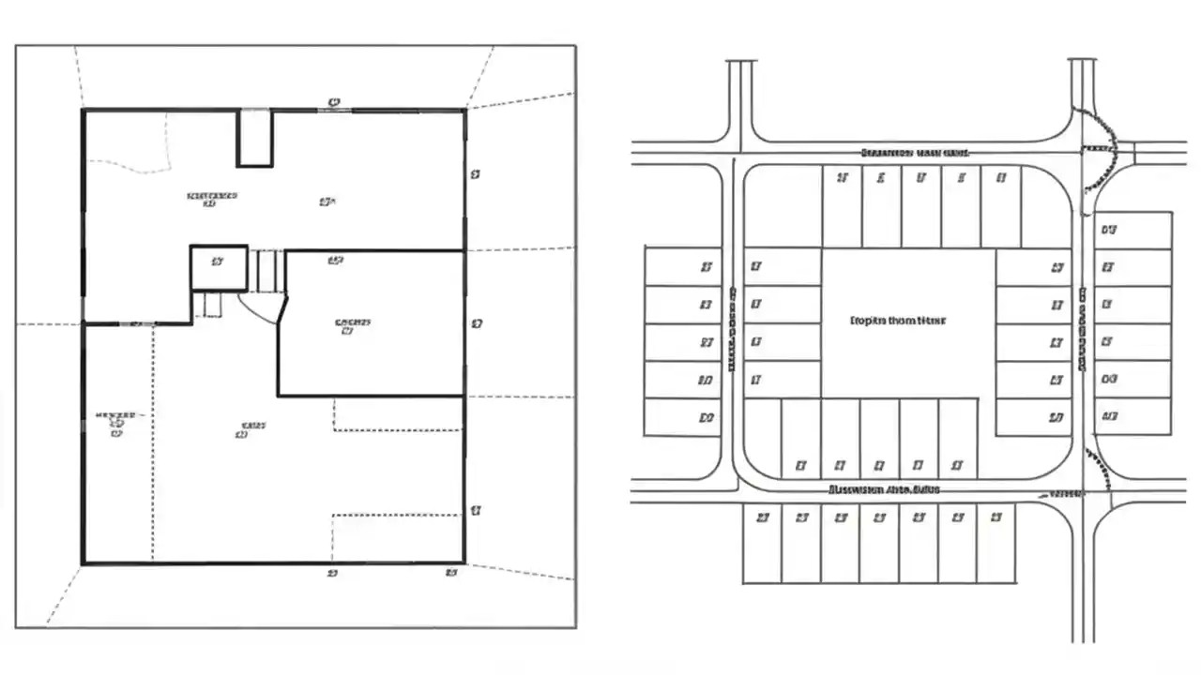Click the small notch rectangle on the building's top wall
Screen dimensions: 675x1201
tap(254, 138)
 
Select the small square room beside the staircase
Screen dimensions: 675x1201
tap(219, 268)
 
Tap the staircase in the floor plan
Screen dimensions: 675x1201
tap(270, 271)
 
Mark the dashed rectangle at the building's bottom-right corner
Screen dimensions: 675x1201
tap(398, 538)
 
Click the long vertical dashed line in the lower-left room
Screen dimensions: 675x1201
tap(153, 441)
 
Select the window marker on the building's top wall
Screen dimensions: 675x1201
tap(334, 110)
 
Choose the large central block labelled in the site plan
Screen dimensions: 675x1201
tap(907, 322)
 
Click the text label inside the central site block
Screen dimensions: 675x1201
tap(897, 320)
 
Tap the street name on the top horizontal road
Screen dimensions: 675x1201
tap(915, 152)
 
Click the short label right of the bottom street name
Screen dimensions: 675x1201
tap(1063, 492)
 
